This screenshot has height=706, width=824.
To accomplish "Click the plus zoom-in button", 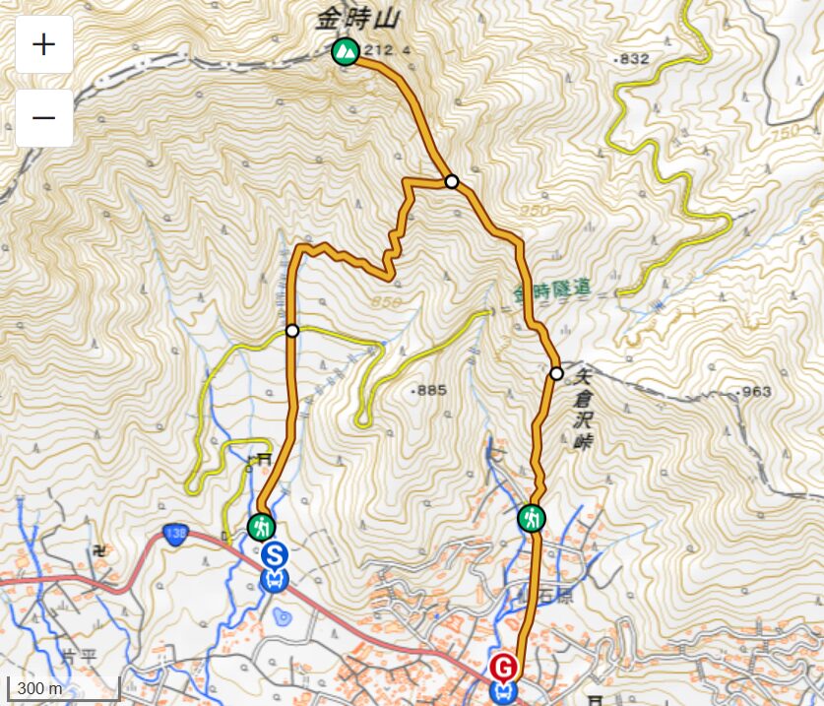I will [44, 45].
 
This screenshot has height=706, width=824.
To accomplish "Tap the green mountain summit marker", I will [345, 50].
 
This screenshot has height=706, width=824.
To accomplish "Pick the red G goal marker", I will [503, 668].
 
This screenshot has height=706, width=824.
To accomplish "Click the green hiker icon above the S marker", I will [261, 527].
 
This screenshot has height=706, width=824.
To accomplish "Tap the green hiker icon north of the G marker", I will [532, 518].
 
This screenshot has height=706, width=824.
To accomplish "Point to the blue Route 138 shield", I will [175, 532].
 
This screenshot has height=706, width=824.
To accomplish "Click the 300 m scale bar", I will [63, 687].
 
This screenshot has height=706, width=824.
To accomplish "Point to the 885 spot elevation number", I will [431, 391].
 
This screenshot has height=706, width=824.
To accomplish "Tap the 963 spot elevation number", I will [756, 392].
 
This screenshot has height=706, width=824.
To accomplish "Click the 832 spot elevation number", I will [635, 59].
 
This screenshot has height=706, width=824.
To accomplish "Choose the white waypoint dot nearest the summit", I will [451, 181].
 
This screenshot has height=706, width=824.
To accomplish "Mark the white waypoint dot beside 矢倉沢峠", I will [556, 373].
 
